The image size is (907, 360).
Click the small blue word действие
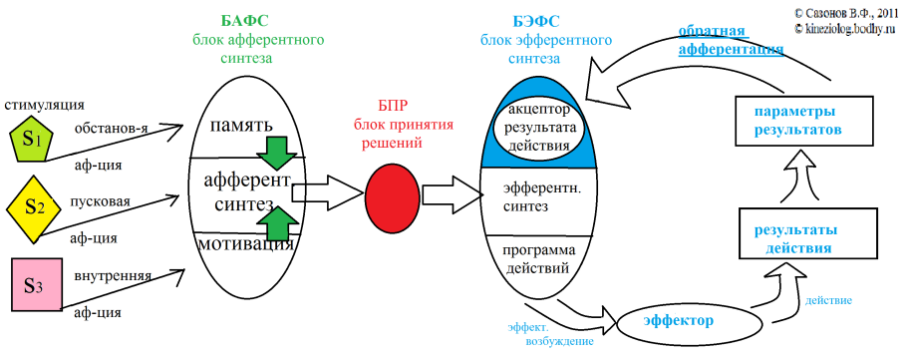[828, 298]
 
